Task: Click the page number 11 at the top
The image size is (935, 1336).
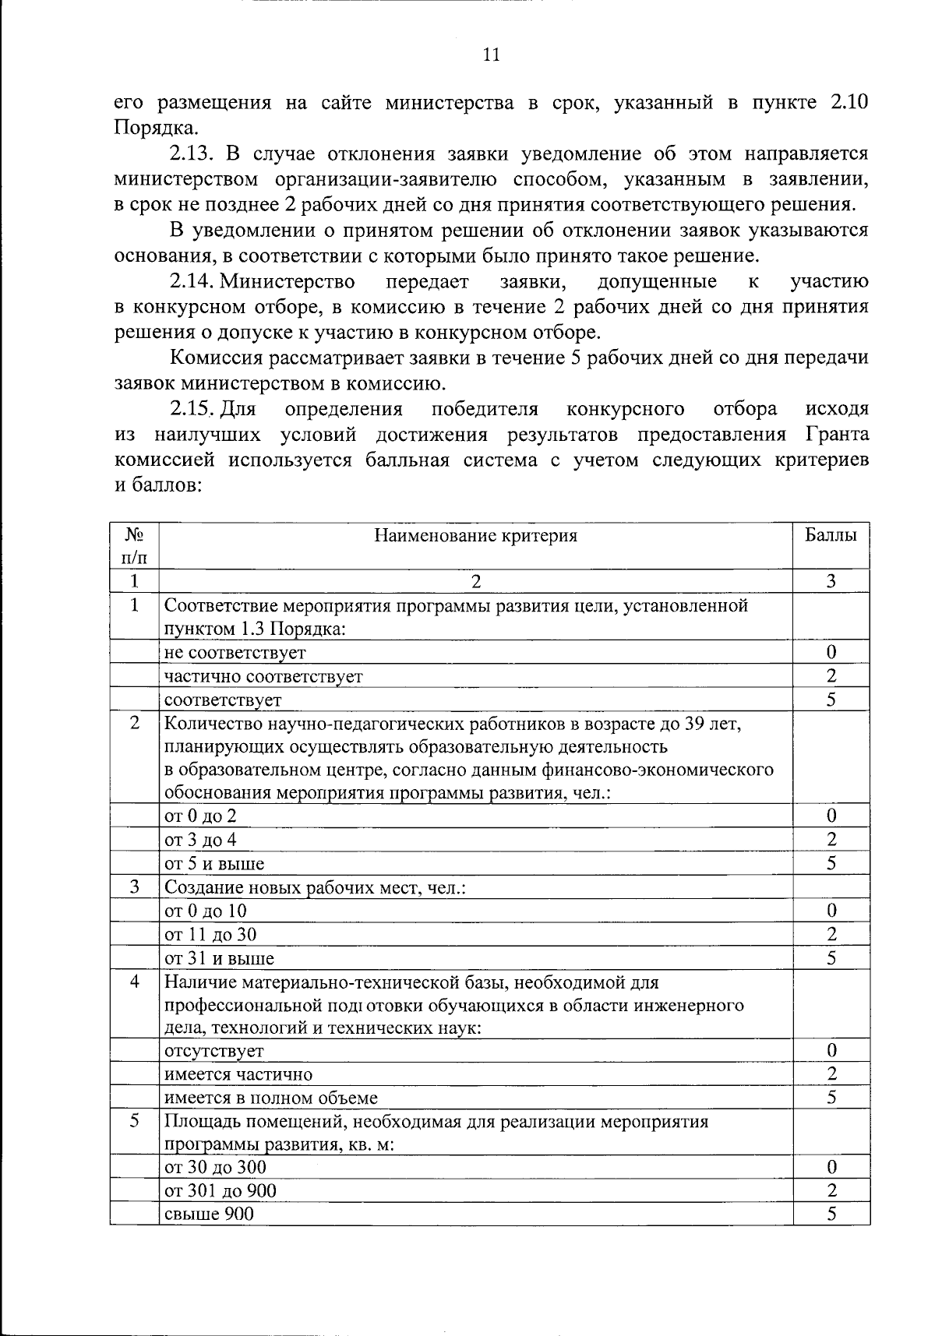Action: tap(491, 55)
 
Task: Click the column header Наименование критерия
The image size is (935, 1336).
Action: tap(476, 536)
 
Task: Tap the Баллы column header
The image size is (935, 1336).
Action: tap(831, 536)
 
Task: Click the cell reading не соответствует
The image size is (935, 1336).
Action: tap(235, 652)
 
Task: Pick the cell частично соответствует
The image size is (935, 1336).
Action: tap(263, 676)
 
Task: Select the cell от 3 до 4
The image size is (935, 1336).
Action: tap(200, 840)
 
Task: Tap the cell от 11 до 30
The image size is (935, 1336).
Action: tap(210, 934)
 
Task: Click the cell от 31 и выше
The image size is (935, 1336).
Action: tap(219, 958)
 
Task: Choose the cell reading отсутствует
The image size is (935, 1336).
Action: tap(214, 1051)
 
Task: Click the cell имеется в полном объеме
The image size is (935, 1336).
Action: tap(271, 1098)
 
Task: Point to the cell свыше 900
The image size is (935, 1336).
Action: tap(209, 1214)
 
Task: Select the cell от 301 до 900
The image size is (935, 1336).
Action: tap(221, 1190)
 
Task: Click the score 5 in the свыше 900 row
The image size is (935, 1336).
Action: tap(831, 1214)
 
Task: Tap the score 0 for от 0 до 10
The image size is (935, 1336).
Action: tap(831, 910)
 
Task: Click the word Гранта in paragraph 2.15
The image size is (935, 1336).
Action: tap(833, 435)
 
